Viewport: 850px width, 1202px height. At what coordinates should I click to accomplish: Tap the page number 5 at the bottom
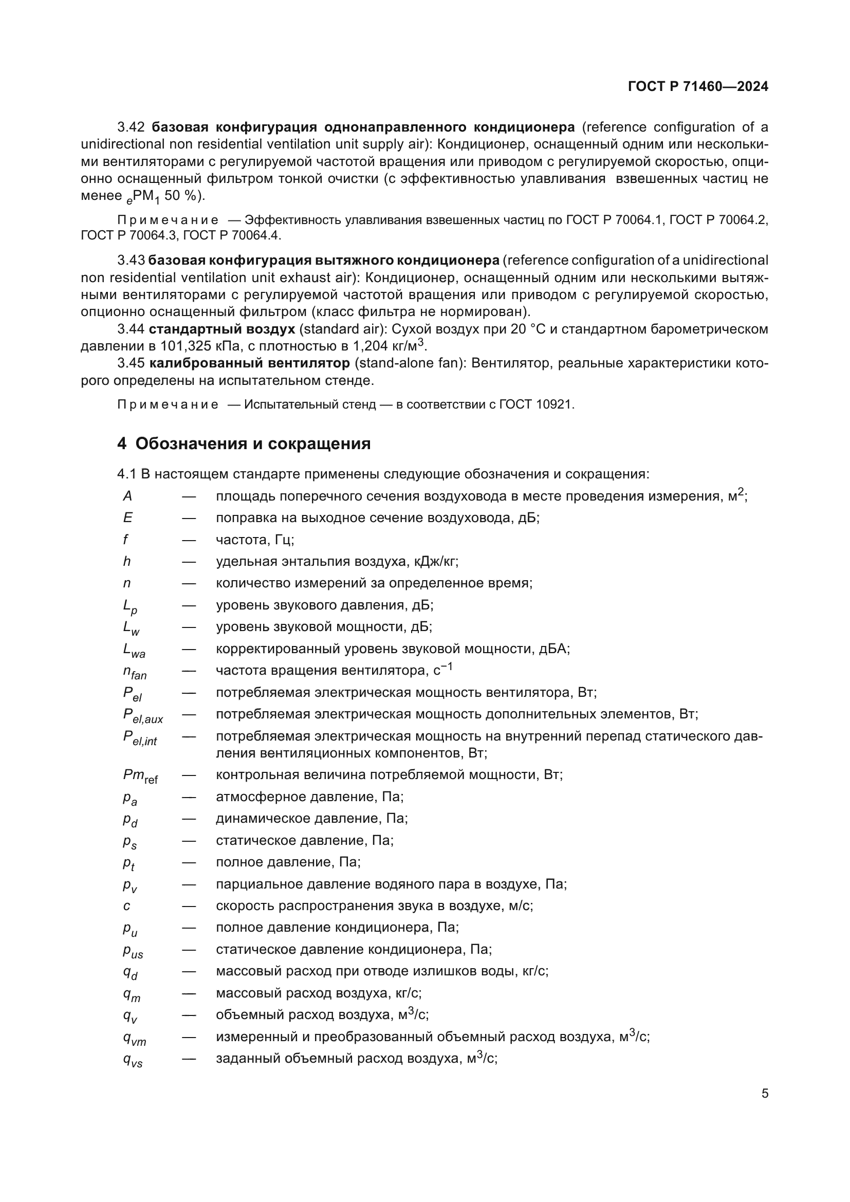765,1093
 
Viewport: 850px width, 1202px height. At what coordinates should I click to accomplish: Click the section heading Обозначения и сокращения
253,443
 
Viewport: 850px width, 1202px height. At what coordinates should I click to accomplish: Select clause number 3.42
131,127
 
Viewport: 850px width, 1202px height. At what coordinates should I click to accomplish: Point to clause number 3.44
131,329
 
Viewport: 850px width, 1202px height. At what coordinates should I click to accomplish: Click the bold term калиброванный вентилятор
249,363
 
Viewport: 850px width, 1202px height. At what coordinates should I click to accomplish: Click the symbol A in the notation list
127,496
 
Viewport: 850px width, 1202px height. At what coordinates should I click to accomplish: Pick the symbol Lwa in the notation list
134,650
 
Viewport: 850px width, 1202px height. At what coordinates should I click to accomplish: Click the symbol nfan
135,672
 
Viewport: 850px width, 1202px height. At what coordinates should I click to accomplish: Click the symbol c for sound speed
126,905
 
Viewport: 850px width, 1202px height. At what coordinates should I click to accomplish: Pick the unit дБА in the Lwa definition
553,649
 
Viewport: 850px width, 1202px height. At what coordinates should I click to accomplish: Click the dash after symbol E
189,518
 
